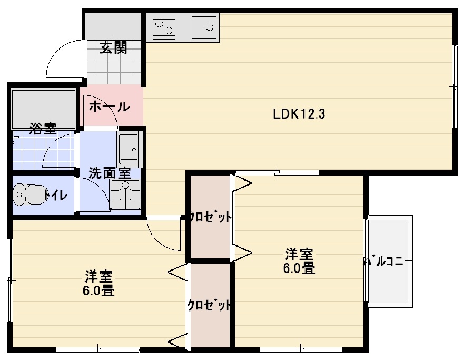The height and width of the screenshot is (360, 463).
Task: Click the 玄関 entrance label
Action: coord(113,47)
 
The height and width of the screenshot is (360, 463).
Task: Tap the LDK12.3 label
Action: coord(299,114)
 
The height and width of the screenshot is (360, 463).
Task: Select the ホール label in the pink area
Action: coord(109,106)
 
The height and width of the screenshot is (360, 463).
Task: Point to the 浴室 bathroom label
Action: coord(43,128)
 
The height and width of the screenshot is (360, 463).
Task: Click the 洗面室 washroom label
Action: coord(110,173)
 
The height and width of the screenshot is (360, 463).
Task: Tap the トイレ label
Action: coord(56,195)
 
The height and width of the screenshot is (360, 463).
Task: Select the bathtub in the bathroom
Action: coord(43,109)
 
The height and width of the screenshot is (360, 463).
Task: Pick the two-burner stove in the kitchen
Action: coord(164,27)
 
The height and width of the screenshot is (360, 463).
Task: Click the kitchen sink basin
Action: coord(204,27)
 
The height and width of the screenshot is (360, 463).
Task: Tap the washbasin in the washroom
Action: coord(129,149)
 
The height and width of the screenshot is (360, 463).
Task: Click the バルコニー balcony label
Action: coord(387,261)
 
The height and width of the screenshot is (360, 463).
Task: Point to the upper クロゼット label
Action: coord(210,218)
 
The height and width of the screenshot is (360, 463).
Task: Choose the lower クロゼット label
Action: coord(210,305)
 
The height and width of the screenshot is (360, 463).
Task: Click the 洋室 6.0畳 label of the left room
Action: coord(98,283)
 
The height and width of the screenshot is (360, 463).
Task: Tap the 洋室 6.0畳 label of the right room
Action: coord(299,261)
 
